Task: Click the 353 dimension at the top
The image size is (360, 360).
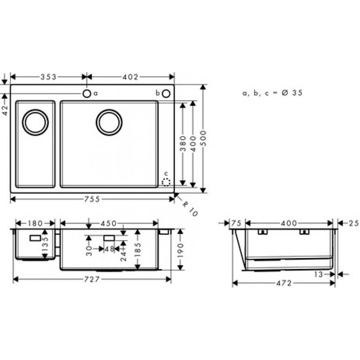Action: point(48,77)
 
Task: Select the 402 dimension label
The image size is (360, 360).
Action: point(130,77)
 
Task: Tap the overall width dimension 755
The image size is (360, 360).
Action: point(92,199)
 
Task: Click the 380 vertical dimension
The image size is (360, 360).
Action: point(183,143)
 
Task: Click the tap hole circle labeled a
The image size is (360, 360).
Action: point(87,94)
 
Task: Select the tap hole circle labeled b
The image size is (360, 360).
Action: point(166,94)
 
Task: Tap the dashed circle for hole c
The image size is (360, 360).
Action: point(166,183)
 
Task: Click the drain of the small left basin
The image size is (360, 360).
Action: point(35,122)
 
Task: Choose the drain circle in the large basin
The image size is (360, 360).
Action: point(109,122)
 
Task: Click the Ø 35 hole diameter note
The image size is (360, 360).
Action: point(272,93)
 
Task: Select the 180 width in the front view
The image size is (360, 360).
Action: point(35,224)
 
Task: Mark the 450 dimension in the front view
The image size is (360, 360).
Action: point(108,224)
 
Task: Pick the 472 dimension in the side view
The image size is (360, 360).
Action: point(284,283)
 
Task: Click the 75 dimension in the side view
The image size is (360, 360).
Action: point(236,224)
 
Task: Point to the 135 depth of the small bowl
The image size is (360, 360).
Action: point(45,245)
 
